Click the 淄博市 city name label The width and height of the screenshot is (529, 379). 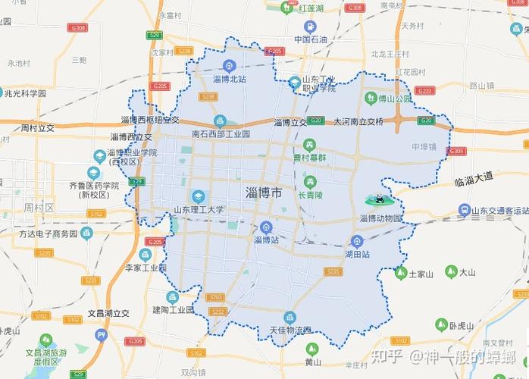(264, 193)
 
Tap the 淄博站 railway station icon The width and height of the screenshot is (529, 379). (266, 227)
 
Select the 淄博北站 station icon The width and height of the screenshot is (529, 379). (230, 67)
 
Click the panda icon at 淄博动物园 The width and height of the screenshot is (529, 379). (375, 201)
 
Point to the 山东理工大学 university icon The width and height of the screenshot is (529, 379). (199, 196)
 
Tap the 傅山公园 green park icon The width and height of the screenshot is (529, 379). (371, 98)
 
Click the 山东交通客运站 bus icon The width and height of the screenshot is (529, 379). (464, 211)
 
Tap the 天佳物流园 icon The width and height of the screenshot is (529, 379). (289, 318)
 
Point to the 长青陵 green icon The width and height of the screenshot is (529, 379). (310, 181)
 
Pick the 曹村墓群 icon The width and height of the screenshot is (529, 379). (309, 144)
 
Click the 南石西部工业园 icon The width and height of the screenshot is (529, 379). (220, 121)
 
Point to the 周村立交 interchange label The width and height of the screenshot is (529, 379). (38, 127)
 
